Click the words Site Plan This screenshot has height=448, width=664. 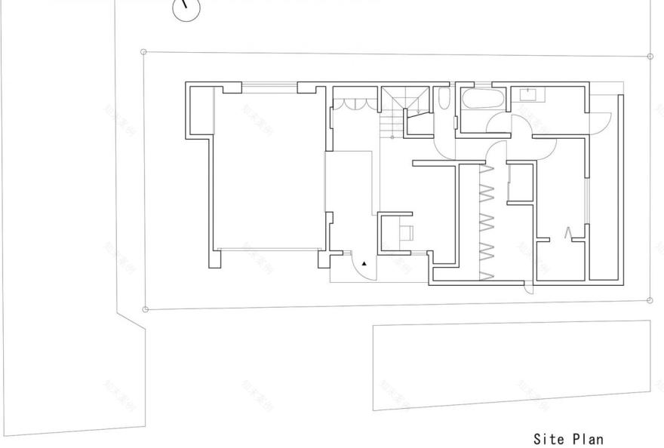click(x=569, y=438)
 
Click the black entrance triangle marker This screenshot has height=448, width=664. click(x=365, y=264)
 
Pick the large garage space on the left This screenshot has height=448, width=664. click(x=268, y=170)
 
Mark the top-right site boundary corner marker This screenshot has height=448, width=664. click(x=650, y=56)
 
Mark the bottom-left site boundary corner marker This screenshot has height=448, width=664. click(x=146, y=308)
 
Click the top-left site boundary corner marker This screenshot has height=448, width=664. click(x=143, y=52)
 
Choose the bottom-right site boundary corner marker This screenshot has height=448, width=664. click(x=650, y=300)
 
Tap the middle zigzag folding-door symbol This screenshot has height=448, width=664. click(x=486, y=220)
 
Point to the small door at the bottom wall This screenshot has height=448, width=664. click(x=530, y=287)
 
